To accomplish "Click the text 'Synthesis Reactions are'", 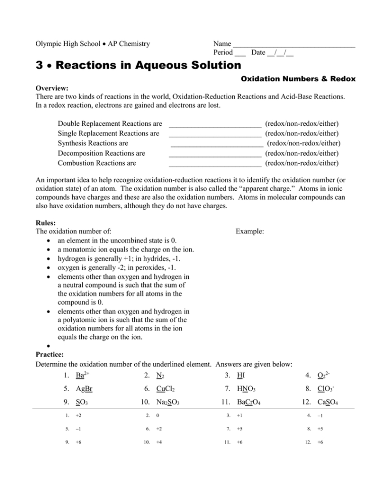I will point(93,143).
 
